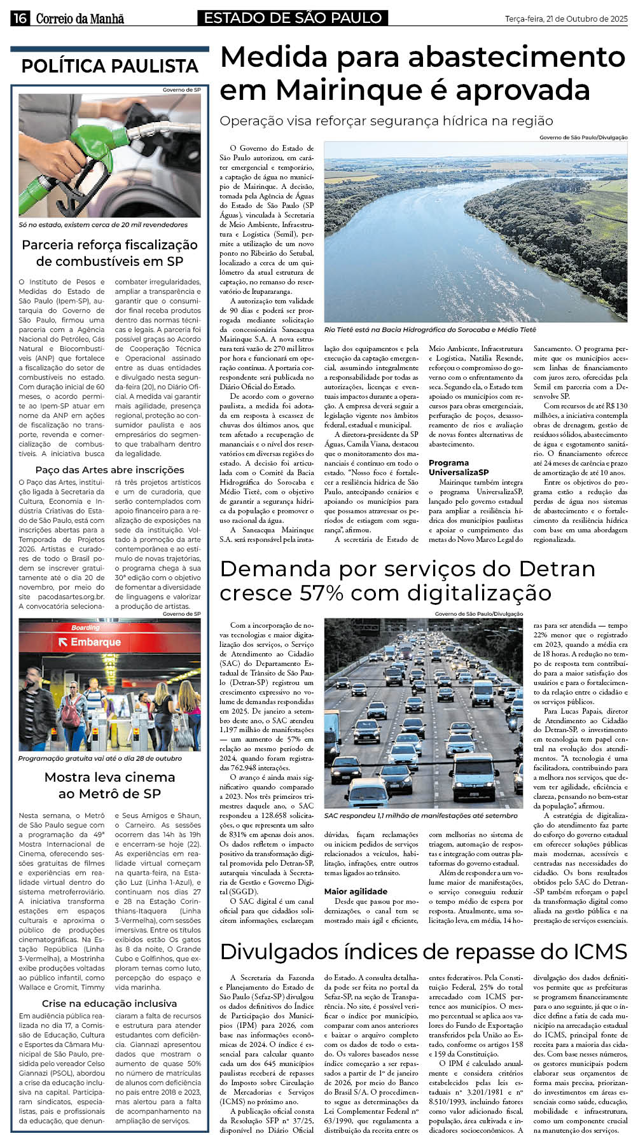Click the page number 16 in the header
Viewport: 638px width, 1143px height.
tap(20, 18)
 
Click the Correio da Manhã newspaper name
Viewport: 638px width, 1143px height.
tap(80, 18)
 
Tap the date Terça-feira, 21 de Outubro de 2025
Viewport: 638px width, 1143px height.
tap(566, 19)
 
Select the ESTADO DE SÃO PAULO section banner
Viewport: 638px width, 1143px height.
tap(293, 18)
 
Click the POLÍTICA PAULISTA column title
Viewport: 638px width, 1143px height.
tap(109, 66)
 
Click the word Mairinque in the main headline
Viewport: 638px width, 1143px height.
tap(336, 90)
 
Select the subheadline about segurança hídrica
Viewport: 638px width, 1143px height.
tap(386, 121)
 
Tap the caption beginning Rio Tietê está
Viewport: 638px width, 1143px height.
tap(430, 329)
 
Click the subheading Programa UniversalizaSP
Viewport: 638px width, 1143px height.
tap(459, 468)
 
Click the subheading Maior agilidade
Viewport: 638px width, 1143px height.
tap(356, 891)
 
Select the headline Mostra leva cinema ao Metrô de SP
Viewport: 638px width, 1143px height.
tap(109, 785)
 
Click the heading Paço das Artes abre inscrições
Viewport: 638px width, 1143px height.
tap(109, 470)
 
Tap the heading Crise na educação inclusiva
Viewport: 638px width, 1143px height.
tap(109, 1003)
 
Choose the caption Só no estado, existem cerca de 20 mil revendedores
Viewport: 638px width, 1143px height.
tap(103, 225)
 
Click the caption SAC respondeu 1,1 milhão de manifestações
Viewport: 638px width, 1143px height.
tap(420, 815)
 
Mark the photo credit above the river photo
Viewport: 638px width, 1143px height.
tap(583, 137)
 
